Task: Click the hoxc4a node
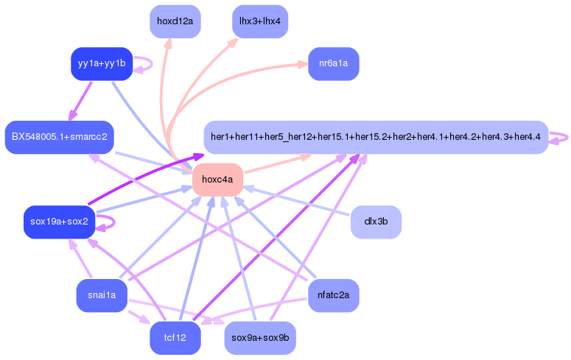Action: pyautogui.click(x=217, y=179)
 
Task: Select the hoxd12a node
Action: pyautogui.click(x=175, y=21)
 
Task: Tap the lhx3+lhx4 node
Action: pyautogui.click(x=259, y=21)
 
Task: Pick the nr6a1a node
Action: pyautogui.click(x=333, y=64)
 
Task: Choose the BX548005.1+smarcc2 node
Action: pyautogui.click(x=59, y=137)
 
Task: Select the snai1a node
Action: pyautogui.click(x=102, y=296)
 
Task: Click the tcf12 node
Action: pyautogui.click(x=175, y=338)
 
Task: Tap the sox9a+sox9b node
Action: pyautogui.click(x=259, y=338)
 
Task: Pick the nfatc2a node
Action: pyautogui.click(x=333, y=296)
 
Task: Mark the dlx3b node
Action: pyautogui.click(x=376, y=222)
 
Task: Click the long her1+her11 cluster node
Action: pyautogui.click(x=376, y=137)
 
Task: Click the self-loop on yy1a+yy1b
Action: pyautogui.click(x=146, y=64)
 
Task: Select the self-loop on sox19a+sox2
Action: pyautogui.click(x=108, y=222)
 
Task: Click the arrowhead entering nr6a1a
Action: pyautogui.click(x=303, y=65)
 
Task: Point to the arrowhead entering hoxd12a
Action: pyautogui.click(x=167, y=44)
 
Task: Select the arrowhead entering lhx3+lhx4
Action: pyautogui.click(x=234, y=41)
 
